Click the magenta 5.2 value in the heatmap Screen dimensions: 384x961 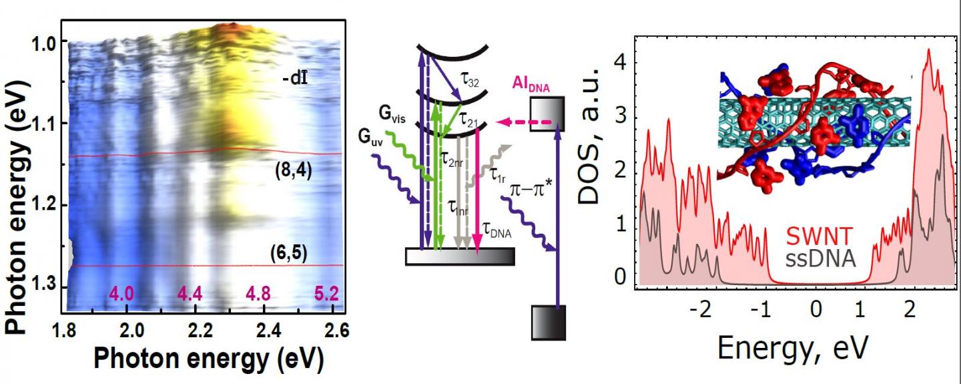(326, 294)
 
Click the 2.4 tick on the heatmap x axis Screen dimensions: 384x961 (265, 327)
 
